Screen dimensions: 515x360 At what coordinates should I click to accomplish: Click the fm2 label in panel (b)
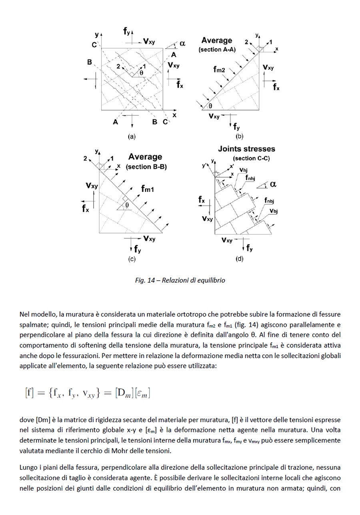tap(219, 70)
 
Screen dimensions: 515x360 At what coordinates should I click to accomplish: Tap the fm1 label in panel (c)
tap(148, 189)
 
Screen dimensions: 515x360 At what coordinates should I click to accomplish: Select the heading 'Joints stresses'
tap(246, 149)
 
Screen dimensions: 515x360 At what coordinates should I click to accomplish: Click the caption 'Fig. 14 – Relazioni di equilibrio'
tap(180, 280)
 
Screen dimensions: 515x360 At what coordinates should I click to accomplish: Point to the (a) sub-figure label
tap(132, 136)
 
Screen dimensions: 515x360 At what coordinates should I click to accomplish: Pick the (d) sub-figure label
tap(239, 259)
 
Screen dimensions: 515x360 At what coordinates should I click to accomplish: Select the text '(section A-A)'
tap(217, 50)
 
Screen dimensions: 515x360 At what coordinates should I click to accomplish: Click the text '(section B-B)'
tap(146, 167)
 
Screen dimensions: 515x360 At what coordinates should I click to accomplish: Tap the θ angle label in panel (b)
tap(210, 106)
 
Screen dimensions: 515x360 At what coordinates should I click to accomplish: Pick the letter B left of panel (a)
tap(90, 62)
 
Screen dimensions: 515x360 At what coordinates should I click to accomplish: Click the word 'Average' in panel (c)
tap(145, 157)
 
